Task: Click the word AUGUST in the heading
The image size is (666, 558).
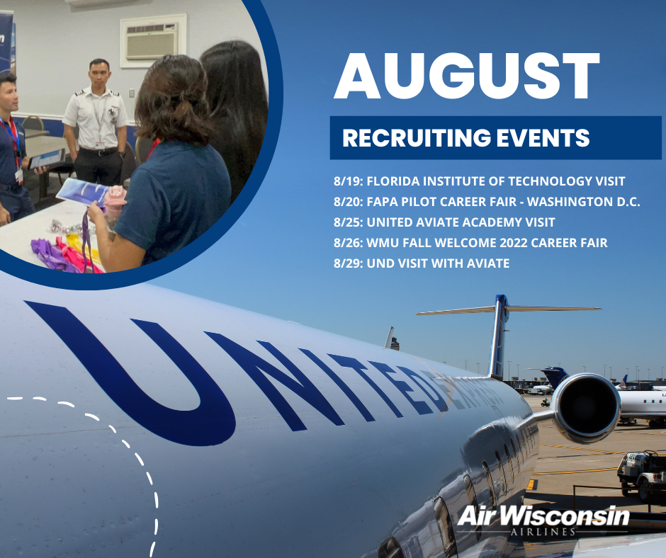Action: point(467,76)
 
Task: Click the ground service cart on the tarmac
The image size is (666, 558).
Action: point(640,474)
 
